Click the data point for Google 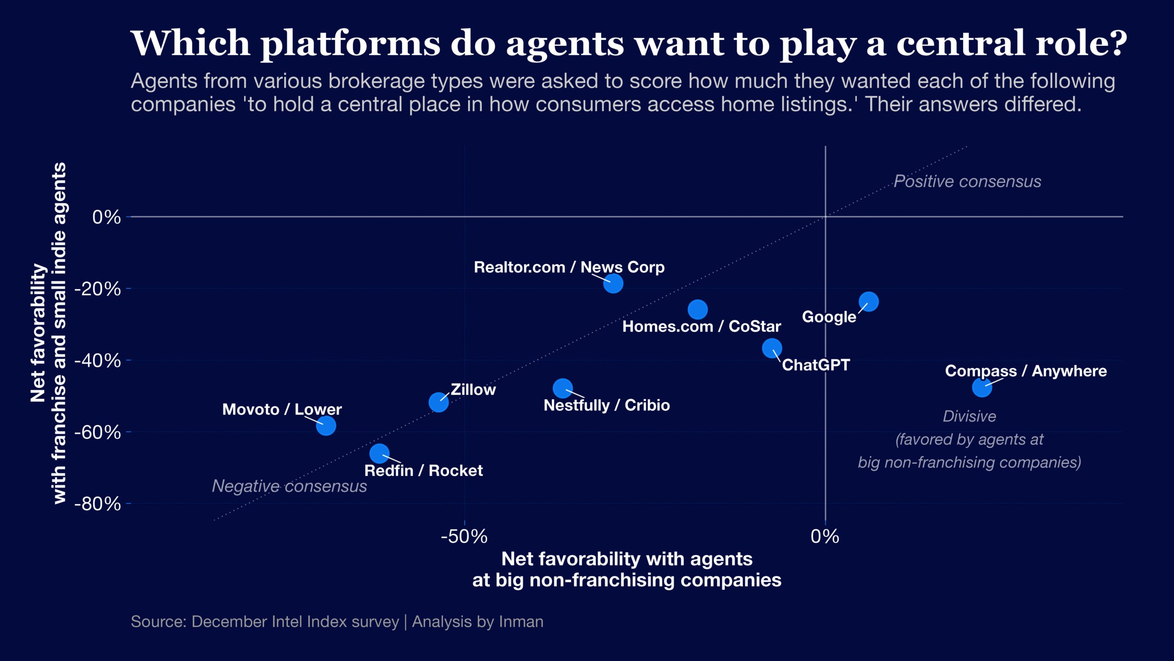(x=869, y=302)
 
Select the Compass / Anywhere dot (x=982, y=387)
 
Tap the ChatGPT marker (x=772, y=348)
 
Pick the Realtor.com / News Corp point (x=613, y=283)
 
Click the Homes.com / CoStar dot (x=698, y=309)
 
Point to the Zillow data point (x=438, y=402)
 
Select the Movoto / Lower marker (x=326, y=426)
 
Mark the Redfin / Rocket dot (x=379, y=454)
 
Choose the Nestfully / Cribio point (x=563, y=388)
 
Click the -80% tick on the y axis (x=98, y=504)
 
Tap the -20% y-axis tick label (x=98, y=289)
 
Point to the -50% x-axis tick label (x=464, y=536)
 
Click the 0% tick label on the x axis (x=825, y=536)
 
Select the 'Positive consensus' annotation (x=967, y=181)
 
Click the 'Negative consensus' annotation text (x=289, y=486)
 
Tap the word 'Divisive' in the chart (x=969, y=416)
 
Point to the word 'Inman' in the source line (x=521, y=622)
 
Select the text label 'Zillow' (x=473, y=389)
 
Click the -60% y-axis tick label (x=98, y=432)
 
